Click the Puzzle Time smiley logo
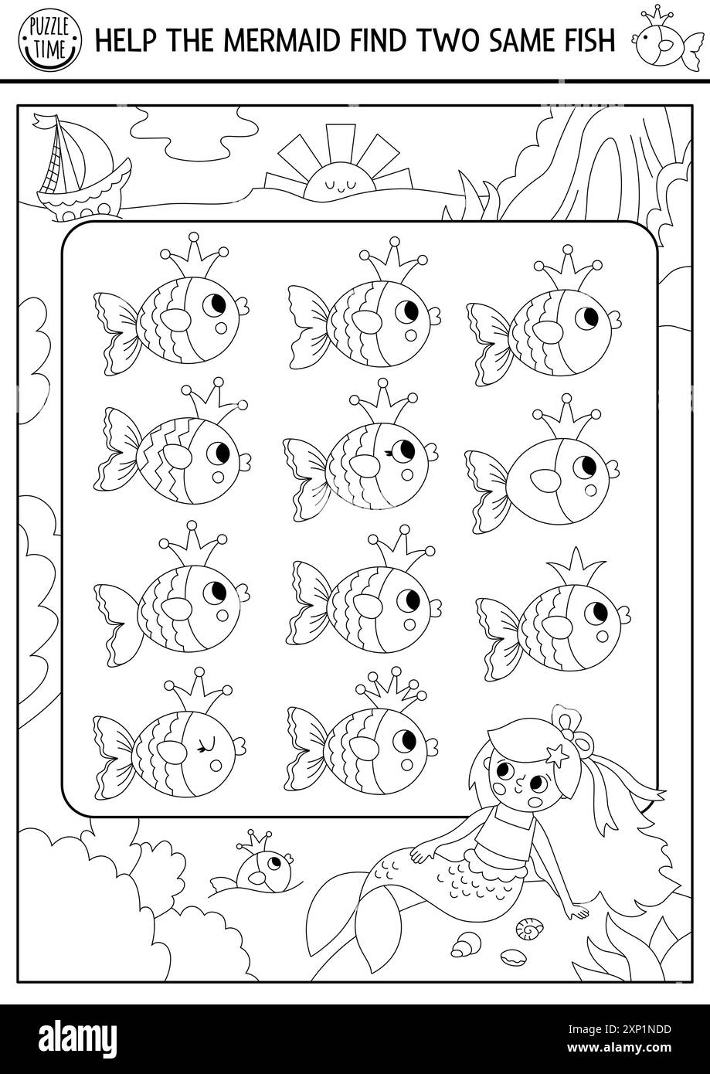49,39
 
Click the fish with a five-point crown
363,727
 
